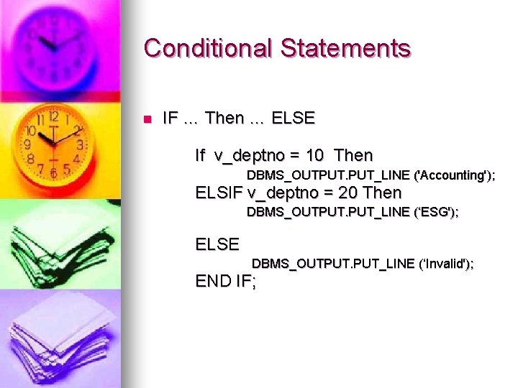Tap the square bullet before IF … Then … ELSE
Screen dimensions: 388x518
click(x=148, y=119)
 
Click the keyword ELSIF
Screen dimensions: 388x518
click(x=219, y=193)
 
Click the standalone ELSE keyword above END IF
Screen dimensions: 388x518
click(x=217, y=244)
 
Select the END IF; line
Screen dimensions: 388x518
click(x=226, y=281)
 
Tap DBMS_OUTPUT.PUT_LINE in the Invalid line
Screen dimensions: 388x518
click(x=333, y=264)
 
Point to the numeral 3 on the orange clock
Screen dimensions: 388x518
click(x=80, y=144)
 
